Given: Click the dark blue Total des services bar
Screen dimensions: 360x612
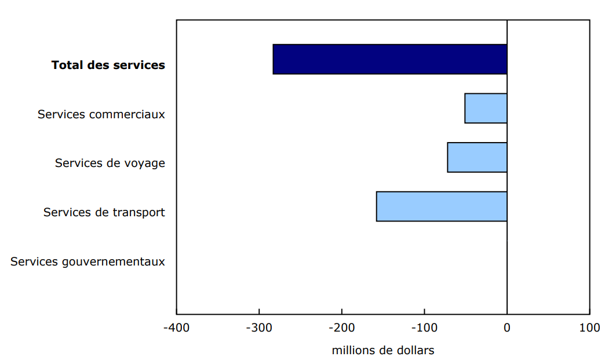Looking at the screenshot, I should pyautogui.click(x=389, y=59).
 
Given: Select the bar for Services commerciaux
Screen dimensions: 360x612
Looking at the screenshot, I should pyautogui.click(x=486, y=108).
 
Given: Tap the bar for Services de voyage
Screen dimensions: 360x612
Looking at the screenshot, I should pyautogui.click(x=477, y=157).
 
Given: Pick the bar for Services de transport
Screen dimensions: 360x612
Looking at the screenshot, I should pyautogui.click(x=442, y=206).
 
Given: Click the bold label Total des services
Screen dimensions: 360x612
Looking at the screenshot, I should pyautogui.click(x=108, y=65).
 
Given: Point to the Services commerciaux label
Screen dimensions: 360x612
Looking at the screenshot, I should pyautogui.click(x=101, y=114).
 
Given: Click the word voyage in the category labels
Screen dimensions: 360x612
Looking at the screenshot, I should pyautogui.click(x=143, y=163).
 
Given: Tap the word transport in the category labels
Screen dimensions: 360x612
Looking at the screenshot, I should pyautogui.click(x=138, y=213).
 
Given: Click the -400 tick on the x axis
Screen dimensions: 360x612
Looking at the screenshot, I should pyautogui.click(x=176, y=328).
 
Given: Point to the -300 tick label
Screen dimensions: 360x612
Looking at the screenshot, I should pyautogui.click(x=258, y=328).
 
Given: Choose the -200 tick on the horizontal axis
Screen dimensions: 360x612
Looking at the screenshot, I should pyautogui.click(x=341, y=328).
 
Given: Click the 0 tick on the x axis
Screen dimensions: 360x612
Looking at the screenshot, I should pyautogui.click(x=507, y=328).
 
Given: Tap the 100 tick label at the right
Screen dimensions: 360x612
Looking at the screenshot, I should pyautogui.click(x=589, y=328).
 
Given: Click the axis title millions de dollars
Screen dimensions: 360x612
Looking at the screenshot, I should pyautogui.click(x=382, y=350).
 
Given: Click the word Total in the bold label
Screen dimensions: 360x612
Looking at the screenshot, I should pyautogui.click(x=67, y=65).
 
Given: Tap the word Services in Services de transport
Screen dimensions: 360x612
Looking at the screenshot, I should pyautogui.click(x=67, y=213).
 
